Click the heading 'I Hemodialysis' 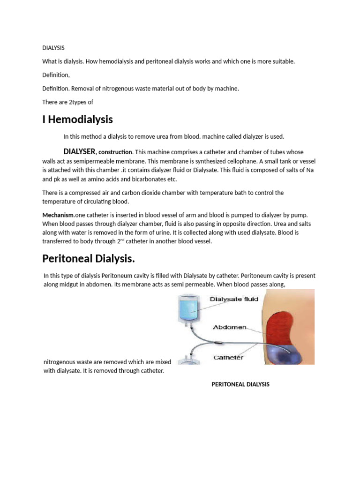coord(77,120)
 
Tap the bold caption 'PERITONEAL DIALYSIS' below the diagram coord(240,384)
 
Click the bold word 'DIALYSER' coord(80,151)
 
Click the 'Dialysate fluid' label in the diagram coord(234,299)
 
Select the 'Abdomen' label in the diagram coord(230,327)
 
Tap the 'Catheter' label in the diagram coord(228,357)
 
